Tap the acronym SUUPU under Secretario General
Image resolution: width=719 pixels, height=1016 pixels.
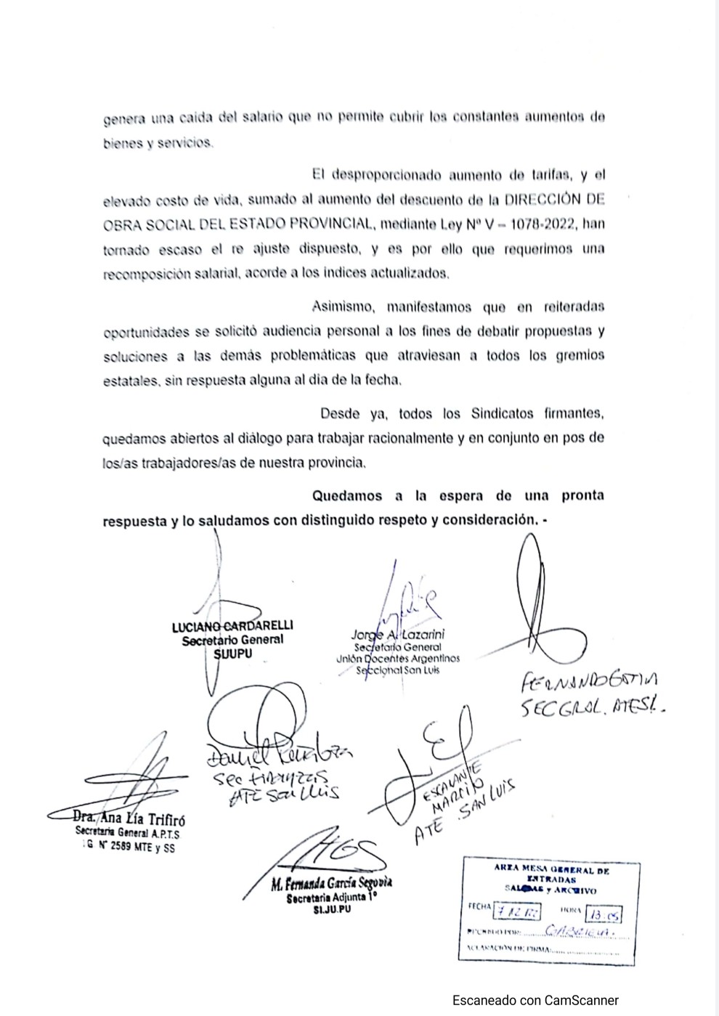(x=233, y=654)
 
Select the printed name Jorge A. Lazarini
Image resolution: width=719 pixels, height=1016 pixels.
(x=398, y=634)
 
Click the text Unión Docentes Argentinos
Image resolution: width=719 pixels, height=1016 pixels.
(x=398, y=658)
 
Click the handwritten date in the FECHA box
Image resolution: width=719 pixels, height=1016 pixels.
(x=516, y=912)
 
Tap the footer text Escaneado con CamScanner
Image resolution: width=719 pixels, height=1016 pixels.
(x=535, y=1000)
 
